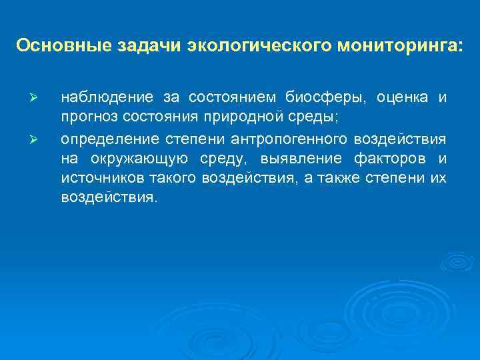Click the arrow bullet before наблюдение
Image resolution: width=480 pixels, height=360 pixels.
pos(38,99)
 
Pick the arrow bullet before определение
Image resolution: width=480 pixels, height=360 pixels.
pos(38,140)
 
